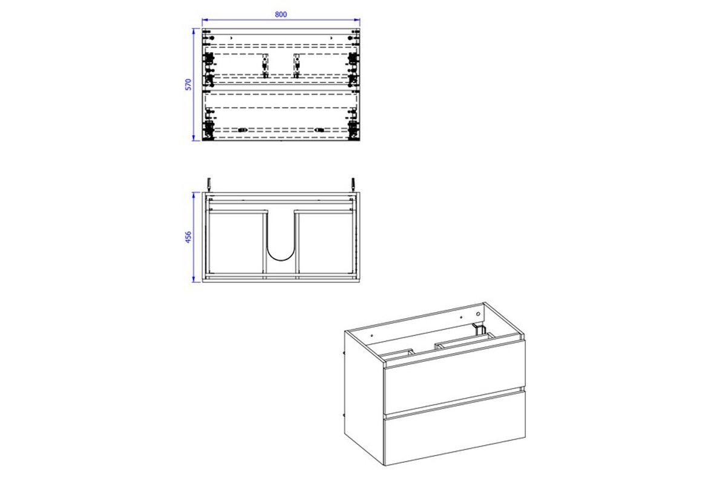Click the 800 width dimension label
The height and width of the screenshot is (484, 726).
[x=281, y=15]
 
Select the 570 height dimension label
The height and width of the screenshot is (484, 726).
[x=188, y=84]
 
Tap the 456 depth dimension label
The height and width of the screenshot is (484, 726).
[x=188, y=237]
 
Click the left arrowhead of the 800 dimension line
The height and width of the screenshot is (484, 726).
[x=205, y=20]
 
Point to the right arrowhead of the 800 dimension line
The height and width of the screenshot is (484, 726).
[x=357, y=20]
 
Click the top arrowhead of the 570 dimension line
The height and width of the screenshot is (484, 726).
[x=194, y=31]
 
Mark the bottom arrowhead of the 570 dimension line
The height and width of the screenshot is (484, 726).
[x=194, y=138]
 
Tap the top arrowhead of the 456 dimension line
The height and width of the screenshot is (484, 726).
[x=194, y=195]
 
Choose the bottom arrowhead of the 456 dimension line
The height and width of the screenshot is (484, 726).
[x=194, y=279]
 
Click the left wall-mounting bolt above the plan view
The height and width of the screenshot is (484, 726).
[x=209, y=185]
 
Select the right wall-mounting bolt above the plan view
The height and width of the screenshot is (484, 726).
[x=353, y=185]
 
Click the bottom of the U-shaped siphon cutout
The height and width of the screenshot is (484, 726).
[x=281, y=260]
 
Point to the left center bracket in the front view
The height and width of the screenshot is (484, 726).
[x=265, y=66]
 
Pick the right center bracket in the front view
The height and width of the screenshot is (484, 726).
[x=296, y=66]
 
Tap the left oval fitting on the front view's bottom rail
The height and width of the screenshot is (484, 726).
[x=243, y=130]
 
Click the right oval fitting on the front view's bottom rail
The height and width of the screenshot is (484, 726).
[x=319, y=130]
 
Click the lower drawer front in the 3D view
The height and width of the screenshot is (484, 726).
[x=454, y=428]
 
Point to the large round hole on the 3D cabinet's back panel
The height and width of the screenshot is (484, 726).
[x=478, y=314]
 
